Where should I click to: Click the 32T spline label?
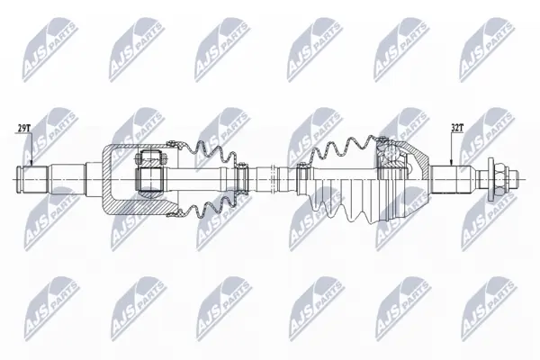[457, 128]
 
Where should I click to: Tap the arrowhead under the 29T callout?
[31, 162]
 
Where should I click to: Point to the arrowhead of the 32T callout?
[452, 162]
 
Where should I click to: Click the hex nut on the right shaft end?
[499, 179]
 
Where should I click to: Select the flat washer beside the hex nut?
[490, 179]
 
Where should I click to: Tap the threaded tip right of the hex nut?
[512, 179]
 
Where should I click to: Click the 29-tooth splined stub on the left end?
[32, 179]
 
